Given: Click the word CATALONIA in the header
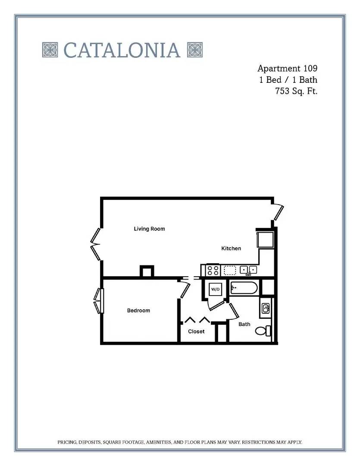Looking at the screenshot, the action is coord(122,50).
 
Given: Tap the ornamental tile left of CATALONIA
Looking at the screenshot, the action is coord(50,50).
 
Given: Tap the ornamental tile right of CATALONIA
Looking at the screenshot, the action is coord(195,50).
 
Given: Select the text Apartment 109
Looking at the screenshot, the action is coord(287,68).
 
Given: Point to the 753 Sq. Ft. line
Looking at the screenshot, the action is coord(296,91).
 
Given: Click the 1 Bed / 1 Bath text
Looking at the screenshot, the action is coord(288,80).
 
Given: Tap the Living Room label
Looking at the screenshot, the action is coord(149,229).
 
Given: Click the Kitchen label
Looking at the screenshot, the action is coord(231,249).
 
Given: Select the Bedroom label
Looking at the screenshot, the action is coord(138,311).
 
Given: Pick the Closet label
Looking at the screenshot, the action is coord(196,331).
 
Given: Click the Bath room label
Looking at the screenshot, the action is coord(244,324).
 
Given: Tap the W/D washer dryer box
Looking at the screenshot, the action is coord(215,289).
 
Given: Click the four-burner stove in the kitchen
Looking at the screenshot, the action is coord(213,271).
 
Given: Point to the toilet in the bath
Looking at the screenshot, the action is coord(263,331).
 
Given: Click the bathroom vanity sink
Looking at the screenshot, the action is coord(266,308).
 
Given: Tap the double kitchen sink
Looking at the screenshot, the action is coord(248,270).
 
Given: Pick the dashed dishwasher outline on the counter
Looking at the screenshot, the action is coord(230,270).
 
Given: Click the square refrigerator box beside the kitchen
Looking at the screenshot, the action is coord(265,239).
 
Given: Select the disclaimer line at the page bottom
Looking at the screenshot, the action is coord(180,442).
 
